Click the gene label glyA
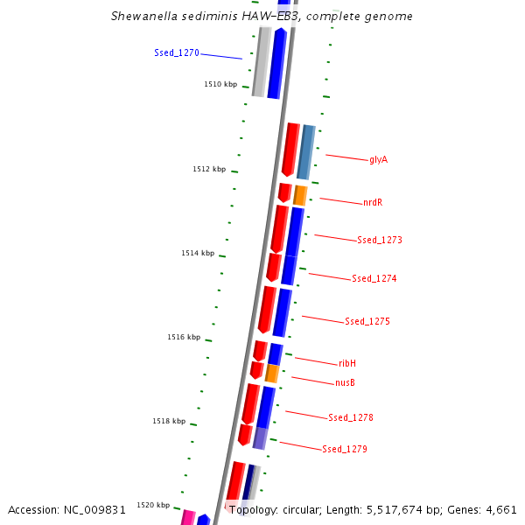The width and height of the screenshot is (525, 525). pyautogui.click(x=378, y=160)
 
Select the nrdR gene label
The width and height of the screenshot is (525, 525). pyautogui.click(x=373, y=203)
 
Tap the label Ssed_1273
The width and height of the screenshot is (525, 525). pyautogui.click(x=380, y=240)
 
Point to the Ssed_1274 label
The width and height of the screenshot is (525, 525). pyautogui.click(x=374, y=279)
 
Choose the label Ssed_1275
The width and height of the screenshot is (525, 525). pyautogui.click(x=367, y=322)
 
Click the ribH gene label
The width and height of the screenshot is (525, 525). pyautogui.click(x=347, y=363)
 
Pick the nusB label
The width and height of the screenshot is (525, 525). pyautogui.click(x=346, y=383)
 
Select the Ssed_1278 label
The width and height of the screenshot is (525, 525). pyautogui.click(x=351, y=418)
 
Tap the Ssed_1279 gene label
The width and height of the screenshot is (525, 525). pyautogui.click(x=345, y=450)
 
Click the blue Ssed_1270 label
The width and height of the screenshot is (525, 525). pyautogui.click(x=177, y=53)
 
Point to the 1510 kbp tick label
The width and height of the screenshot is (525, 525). pyautogui.click(x=220, y=85)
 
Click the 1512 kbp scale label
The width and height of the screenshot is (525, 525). pyautogui.click(x=209, y=169)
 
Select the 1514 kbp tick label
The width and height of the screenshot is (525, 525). pyautogui.click(x=198, y=253)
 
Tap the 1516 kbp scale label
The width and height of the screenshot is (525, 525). pyautogui.click(x=184, y=337)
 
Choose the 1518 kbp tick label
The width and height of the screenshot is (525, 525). pyautogui.click(x=169, y=421)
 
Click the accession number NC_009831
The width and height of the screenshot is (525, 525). pyautogui.click(x=96, y=509)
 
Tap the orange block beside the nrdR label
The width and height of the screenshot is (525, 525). pyautogui.click(x=300, y=195)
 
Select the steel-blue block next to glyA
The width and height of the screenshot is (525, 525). pyautogui.click(x=306, y=152)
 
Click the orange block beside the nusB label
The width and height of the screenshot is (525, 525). pyautogui.click(x=272, y=374)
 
